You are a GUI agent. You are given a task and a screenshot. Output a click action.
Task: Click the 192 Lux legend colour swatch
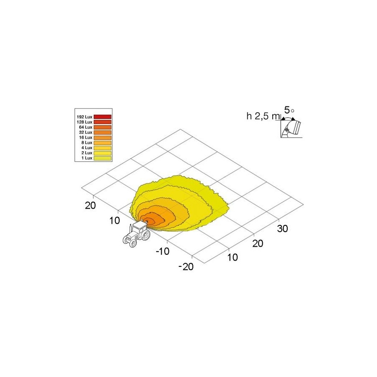(103, 117)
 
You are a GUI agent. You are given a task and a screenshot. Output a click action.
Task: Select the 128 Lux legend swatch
(103, 122)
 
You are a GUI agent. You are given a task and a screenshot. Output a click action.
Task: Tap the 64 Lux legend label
(85, 127)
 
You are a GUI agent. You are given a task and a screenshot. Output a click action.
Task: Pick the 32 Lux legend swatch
(103, 132)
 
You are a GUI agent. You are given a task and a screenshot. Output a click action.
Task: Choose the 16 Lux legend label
(85, 137)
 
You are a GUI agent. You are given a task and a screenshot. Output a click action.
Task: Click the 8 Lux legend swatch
(103, 143)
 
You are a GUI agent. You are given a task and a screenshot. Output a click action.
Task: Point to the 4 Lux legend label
(87, 148)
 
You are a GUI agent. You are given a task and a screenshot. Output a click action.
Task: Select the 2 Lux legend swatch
(103, 153)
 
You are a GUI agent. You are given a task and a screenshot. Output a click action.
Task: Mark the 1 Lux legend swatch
(103, 158)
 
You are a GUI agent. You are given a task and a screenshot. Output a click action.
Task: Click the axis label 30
(282, 229)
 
